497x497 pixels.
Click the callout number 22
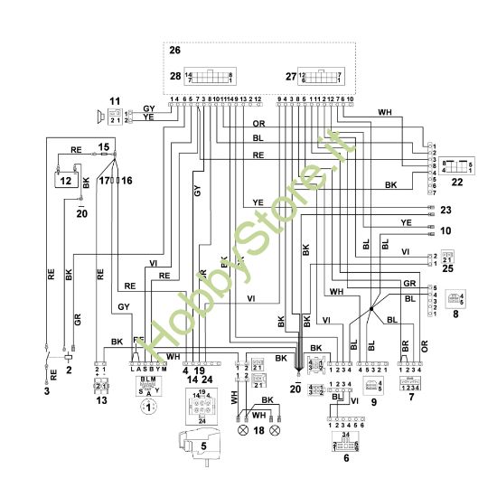(x=456, y=184)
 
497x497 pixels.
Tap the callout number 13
(x=101, y=400)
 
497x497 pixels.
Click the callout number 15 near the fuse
(x=104, y=145)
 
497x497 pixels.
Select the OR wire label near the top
(x=258, y=122)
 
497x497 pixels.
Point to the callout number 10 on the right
(x=445, y=230)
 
